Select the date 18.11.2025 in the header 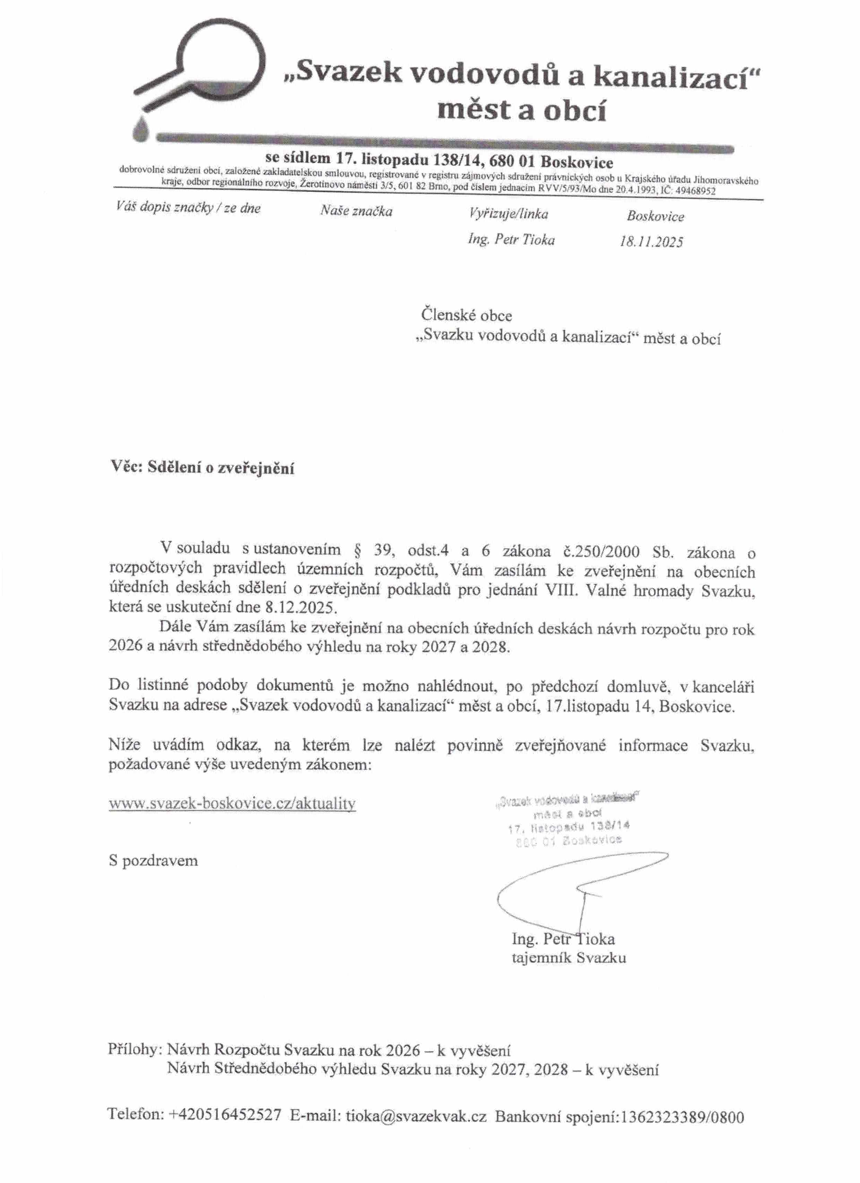coord(651,242)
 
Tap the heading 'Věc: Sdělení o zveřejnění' coord(203,468)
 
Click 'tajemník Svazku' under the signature coord(569,958)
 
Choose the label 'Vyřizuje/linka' coord(508,213)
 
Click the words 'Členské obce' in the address coord(466,316)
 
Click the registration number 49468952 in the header coord(695,191)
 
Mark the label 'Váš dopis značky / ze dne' coord(188,208)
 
